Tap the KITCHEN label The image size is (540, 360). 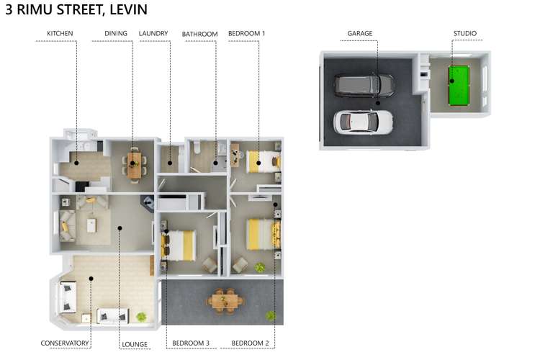click(60, 33)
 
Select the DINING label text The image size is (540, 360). click(115, 33)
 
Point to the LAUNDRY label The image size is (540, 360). click(153, 33)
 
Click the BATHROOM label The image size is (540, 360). click(199, 33)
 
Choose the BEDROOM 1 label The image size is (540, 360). click(246, 33)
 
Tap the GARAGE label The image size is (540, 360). click(359, 33)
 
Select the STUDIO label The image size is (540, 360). click(464, 33)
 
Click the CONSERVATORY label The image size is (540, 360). click(65, 343)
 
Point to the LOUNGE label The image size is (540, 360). click(135, 345)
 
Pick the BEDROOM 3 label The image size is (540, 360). click(191, 343)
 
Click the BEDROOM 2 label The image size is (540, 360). click(250, 343)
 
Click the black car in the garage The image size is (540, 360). click(364, 86)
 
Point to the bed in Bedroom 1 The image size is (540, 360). click(261, 162)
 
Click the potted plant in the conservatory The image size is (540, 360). click(142, 316)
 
